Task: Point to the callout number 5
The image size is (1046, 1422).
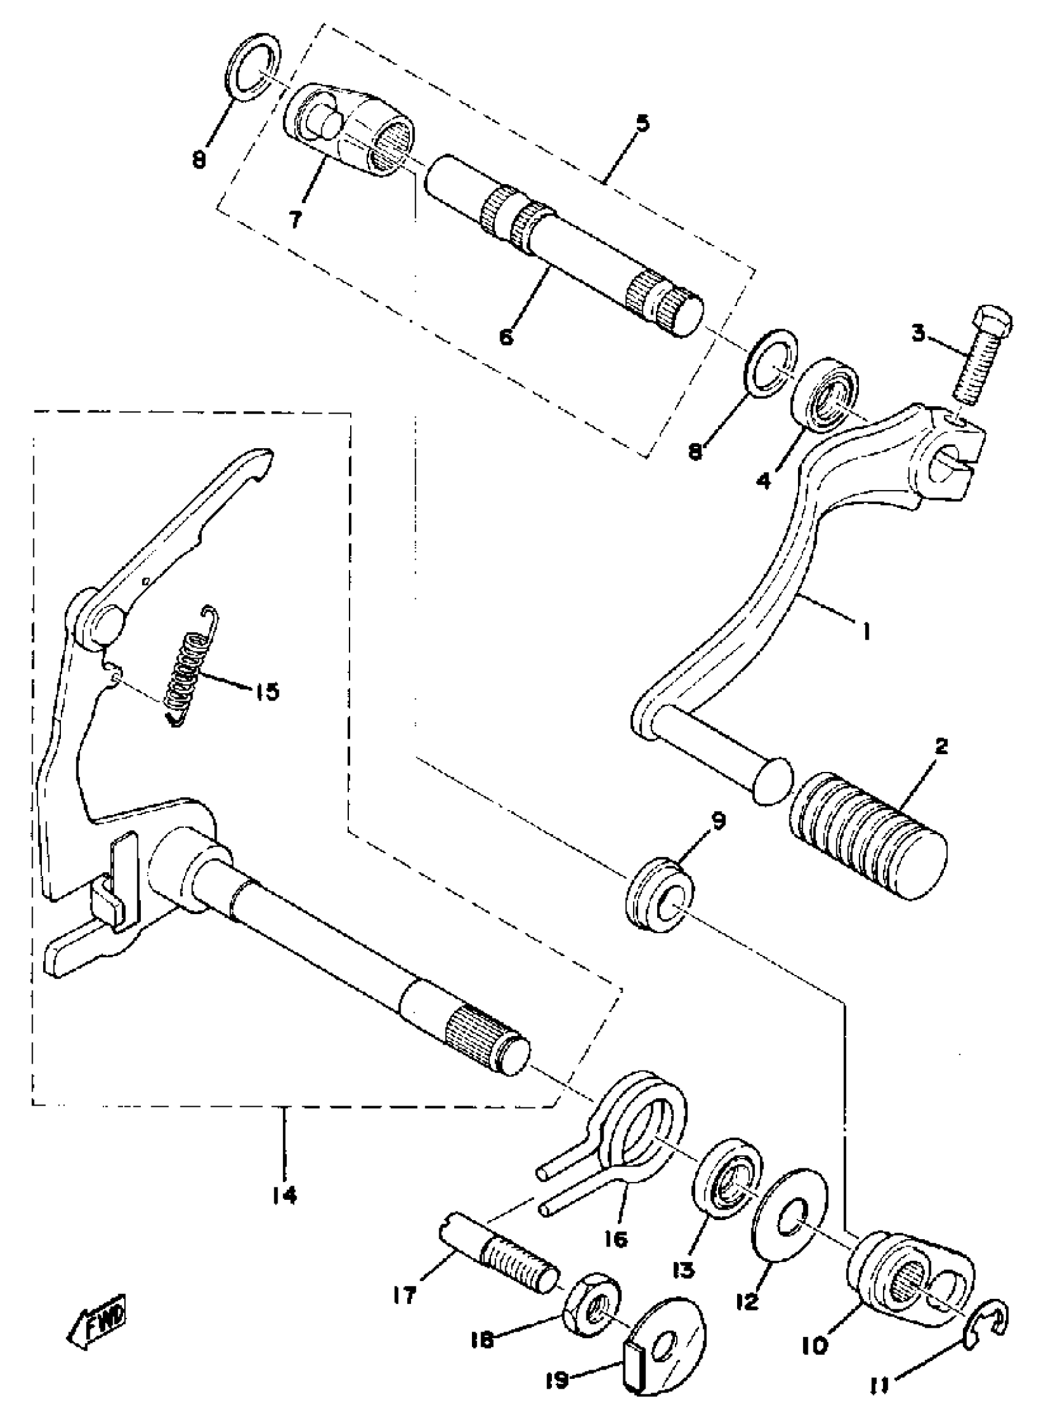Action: (642, 122)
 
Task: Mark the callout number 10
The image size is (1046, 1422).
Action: (818, 1325)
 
